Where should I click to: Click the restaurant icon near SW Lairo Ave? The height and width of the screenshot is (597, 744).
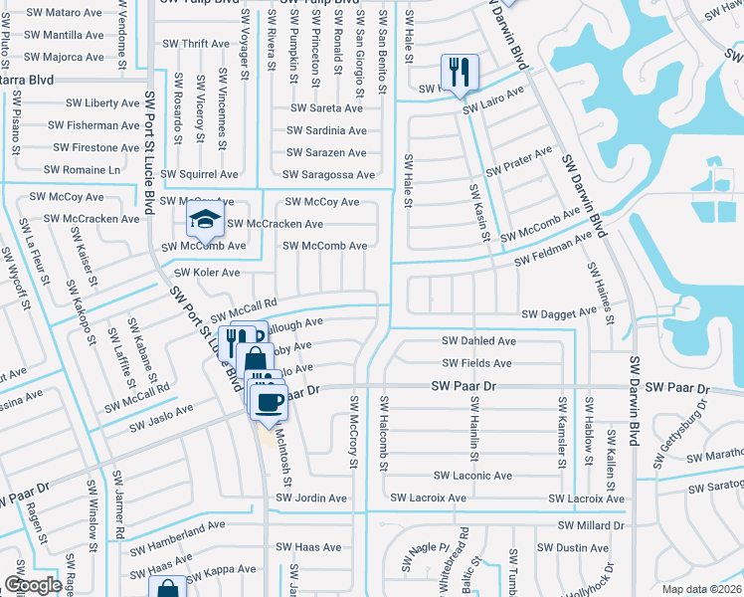click(460, 73)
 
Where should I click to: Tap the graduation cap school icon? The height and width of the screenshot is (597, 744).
click(205, 220)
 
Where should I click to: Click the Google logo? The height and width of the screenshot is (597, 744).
click(33, 585)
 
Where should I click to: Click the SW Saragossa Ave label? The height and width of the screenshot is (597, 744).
click(331, 175)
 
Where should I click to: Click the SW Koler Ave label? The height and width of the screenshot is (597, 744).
click(207, 273)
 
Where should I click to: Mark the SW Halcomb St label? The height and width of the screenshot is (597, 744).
click(383, 431)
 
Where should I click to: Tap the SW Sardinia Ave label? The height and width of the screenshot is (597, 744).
click(326, 130)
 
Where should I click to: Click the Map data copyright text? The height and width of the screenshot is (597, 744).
click(702, 589)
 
